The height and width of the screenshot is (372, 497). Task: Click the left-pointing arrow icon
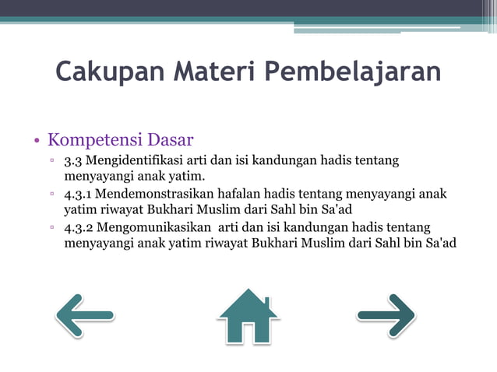[x=84, y=315]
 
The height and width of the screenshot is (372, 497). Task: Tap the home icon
[x=248, y=316]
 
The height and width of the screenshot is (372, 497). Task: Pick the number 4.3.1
[x=80, y=194]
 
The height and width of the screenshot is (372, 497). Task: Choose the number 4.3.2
[x=80, y=227]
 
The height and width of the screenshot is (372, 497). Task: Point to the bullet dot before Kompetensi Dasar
[x=36, y=142]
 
